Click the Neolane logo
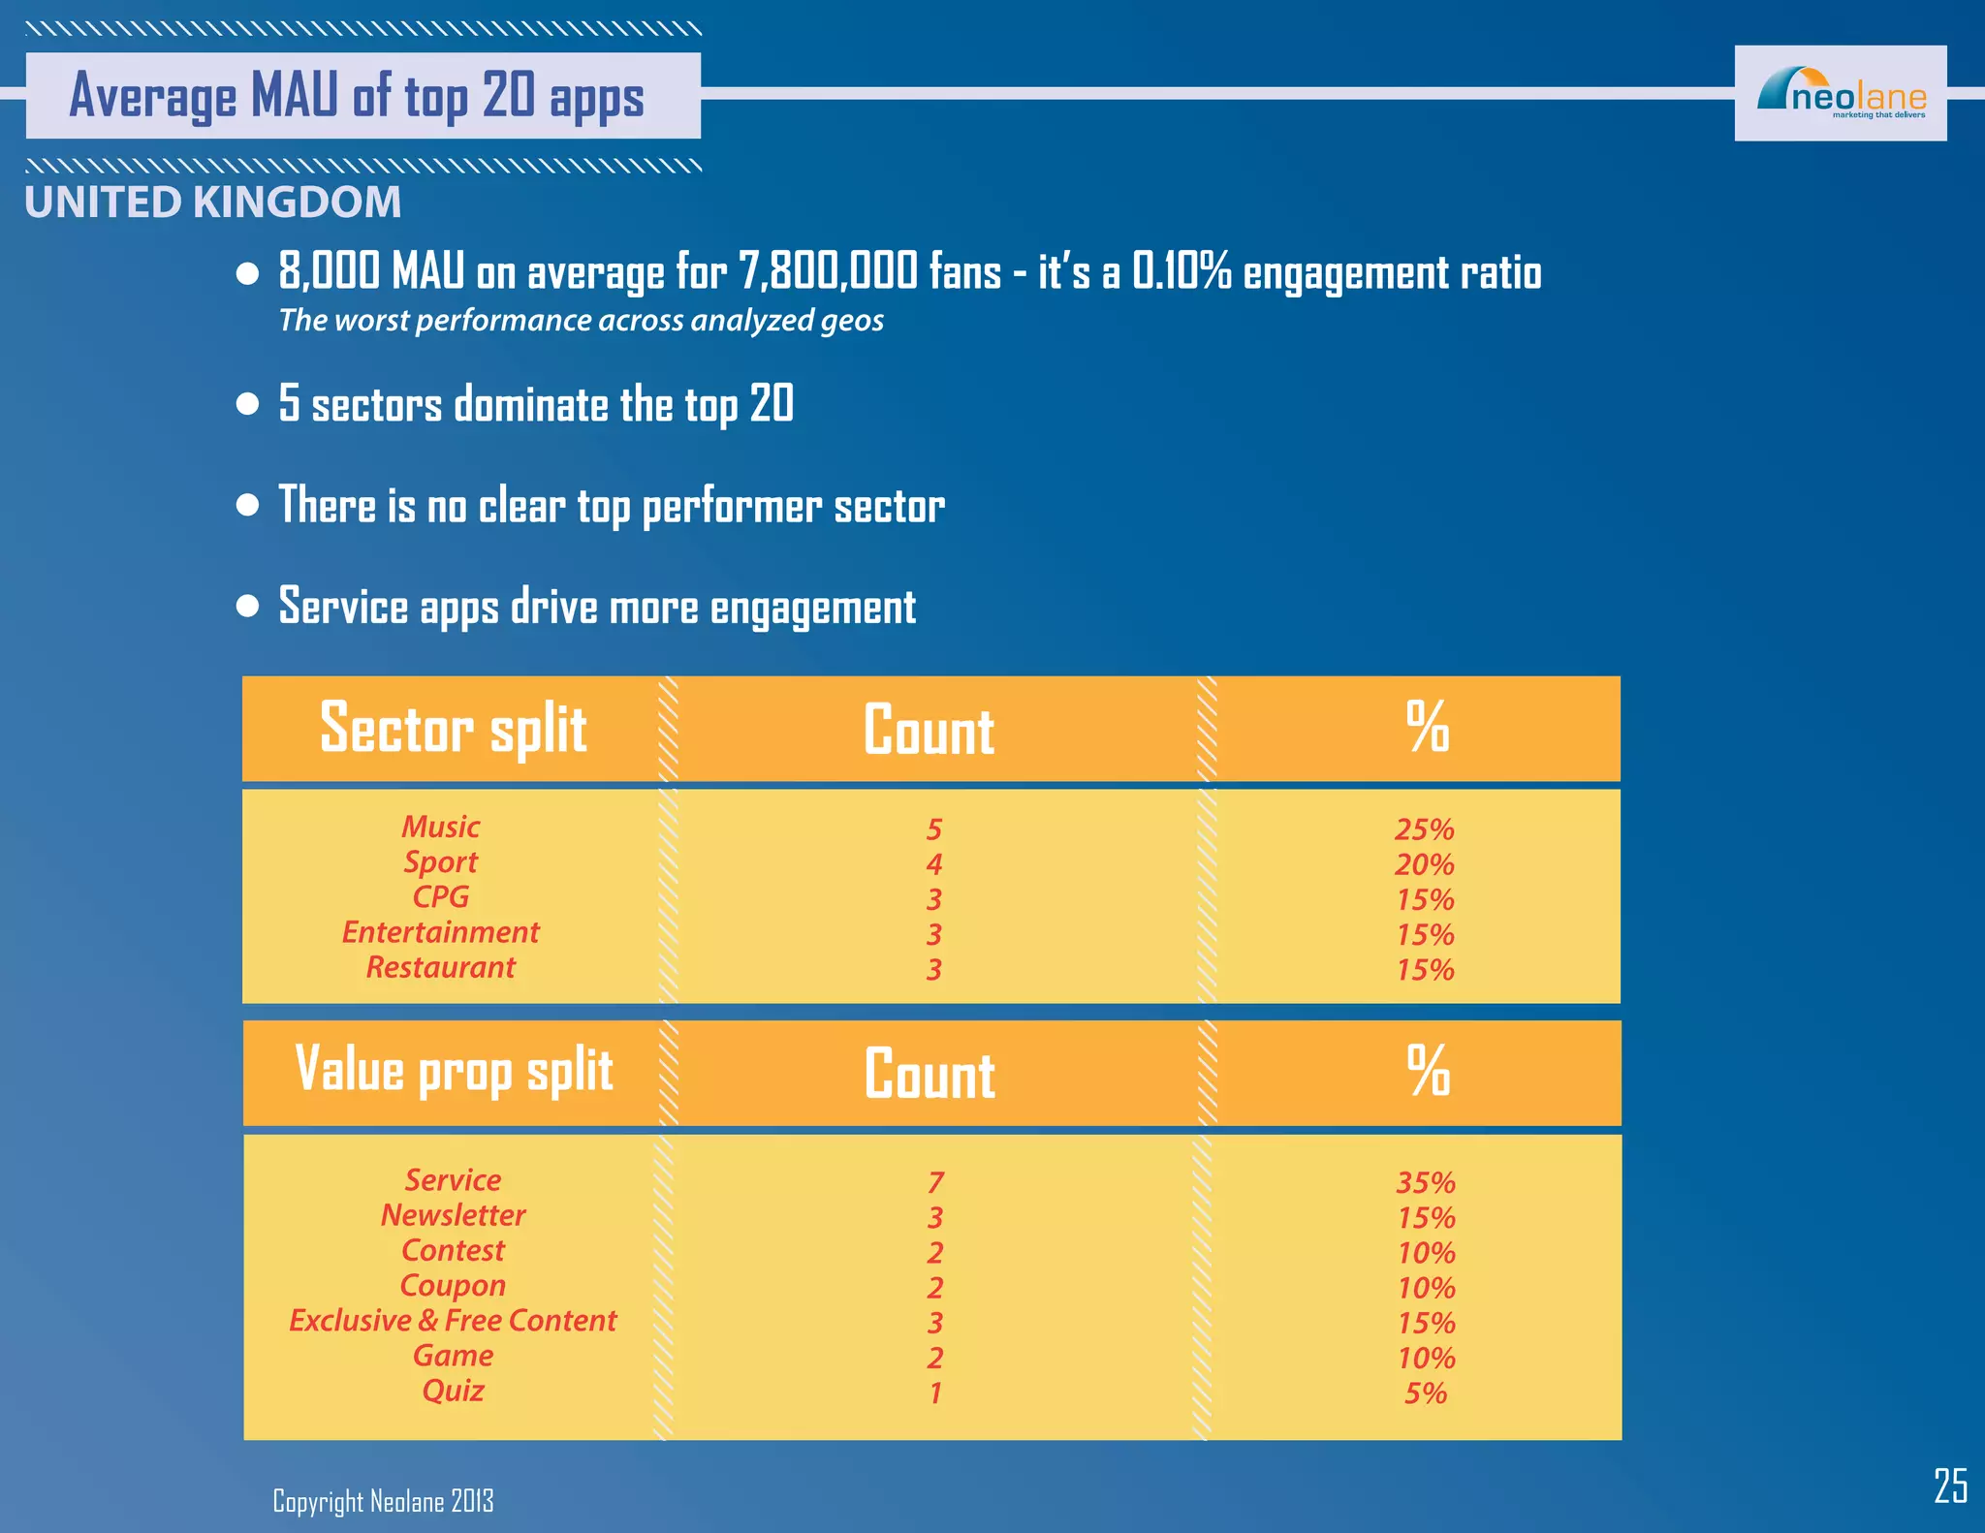pyautogui.click(x=1840, y=94)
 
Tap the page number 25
pyautogui.click(x=1950, y=1486)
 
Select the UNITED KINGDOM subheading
pyautogui.click(x=213, y=203)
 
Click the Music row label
pyautogui.click(x=441, y=827)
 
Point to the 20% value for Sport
pyautogui.click(x=1425, y=864)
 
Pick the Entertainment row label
pyautogui.click(x=441, y=932)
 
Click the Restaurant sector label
pyautogui.click(x=441, y=967)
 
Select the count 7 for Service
pyautogui.click(x=935, y=1182)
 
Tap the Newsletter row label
pyautogui.click(x=454, y=1215)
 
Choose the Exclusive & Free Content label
pyautogui.click(x=454, y=1321)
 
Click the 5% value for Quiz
pyautogui.click(x=1426, y=1393)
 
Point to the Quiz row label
pyautogui.click(x=454, y=1391)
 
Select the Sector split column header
pyautogui.click(x=454, y=729)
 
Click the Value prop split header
pyautogui.click(x=454, y=1071)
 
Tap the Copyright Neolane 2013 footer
pyautogui.click(x=383, y=1501)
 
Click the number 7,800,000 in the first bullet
pyautogui.click(x=828, y=271)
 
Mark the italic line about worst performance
pyautogui.click(x=582, y=321)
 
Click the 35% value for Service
pyautogui.click(x=1426, y=1182)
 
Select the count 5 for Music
pyautogui.click(x=934, y=829)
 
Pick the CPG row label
pyautogui.click(x=441, y=897)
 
